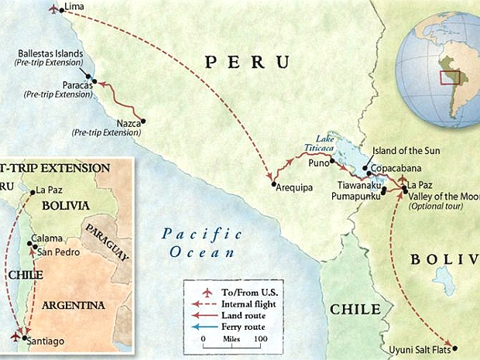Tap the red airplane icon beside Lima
(53, 9)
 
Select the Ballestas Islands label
(56, 54)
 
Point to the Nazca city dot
(142, 120)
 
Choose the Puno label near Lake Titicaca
(320, 163)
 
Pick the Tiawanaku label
(359, 186)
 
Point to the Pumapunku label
(356, 198)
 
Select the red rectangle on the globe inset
(450, 77)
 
